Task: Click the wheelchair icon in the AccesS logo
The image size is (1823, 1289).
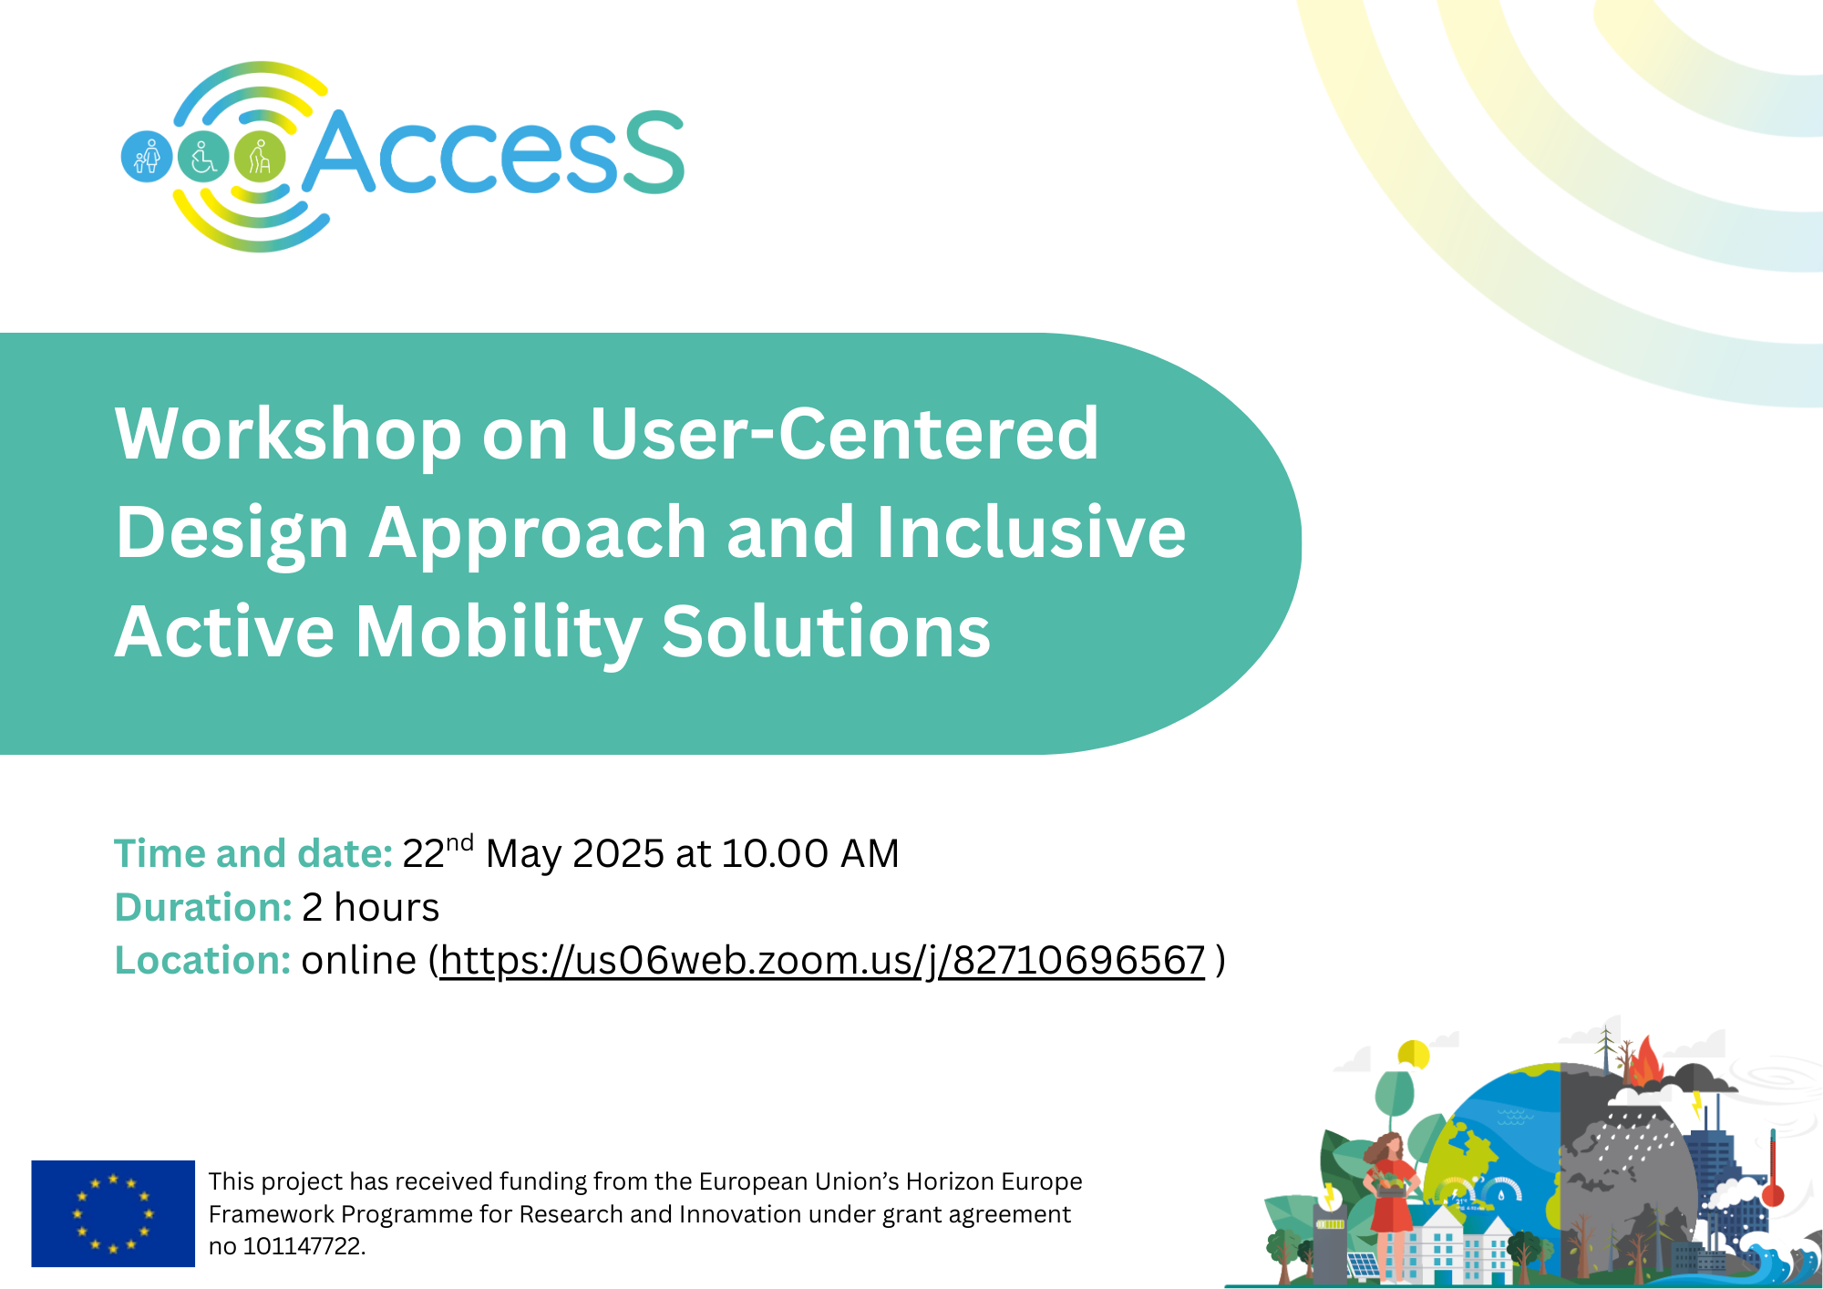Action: pyautogui.click(x=203, y=157)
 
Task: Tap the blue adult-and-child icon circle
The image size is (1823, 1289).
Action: pyautogui.click(x=147, y=157)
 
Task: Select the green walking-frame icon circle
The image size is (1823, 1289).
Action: pyautogui.click(x=260, y=157)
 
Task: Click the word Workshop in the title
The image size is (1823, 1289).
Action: pyautogui.click(x=288, y=435)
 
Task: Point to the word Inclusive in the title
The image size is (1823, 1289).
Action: pyautogui.click(x=1031, y=532)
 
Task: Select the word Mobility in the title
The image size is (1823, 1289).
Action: pyautogui.click(x=499, y=633)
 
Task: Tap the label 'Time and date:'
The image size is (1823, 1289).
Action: pyautogui.click(x=253, y=854)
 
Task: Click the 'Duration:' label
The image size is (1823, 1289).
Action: pyautogui.click(x=203, y=908)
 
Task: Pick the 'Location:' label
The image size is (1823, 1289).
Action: pyautogui.click(x=202, y=961)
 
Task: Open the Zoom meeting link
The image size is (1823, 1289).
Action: pyautogui.click(x=822, y=961)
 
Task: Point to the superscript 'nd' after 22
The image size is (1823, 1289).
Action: pyautogui.click(x=459, y=842)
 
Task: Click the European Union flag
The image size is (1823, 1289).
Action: pyautogui.click(x=113, y=1213)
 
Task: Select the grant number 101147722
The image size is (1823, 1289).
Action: pyautogui.click(x=304, y=1246)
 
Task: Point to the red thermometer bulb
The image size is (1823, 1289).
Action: pyautogui.click(x=1773, y=1194)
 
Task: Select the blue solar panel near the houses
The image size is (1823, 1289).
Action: pyautogui.click(x=1364, y=1266)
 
